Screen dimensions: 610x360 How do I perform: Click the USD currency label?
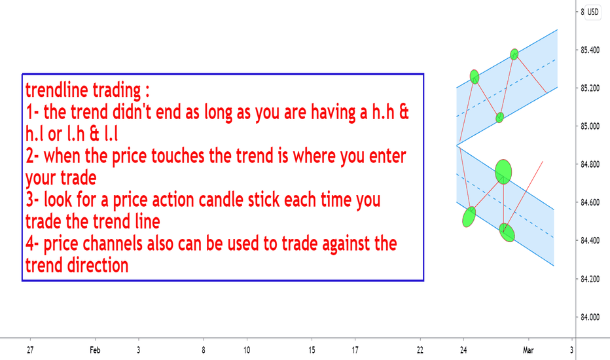coord(592,12)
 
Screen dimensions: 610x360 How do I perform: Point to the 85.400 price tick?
coord(590,50)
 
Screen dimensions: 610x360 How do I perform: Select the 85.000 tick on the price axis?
coord(590,126)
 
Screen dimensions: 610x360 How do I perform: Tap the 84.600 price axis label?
coord(590,202)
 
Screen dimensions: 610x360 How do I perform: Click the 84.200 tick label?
coord(590,279)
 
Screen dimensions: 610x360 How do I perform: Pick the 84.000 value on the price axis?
coord(590,317)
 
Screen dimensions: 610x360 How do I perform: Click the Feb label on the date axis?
coord(95,350)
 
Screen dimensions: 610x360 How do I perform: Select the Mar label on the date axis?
coord(528,350)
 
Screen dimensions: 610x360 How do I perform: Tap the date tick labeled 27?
coord(30,350)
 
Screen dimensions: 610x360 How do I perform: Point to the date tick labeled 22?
coord(420,350)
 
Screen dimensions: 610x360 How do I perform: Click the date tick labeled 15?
coord(312,350)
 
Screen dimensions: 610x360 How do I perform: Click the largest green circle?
coord(503,171)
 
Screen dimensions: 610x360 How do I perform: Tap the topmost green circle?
coord(514,54)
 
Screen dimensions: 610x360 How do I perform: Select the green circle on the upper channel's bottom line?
coord(500,117)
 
